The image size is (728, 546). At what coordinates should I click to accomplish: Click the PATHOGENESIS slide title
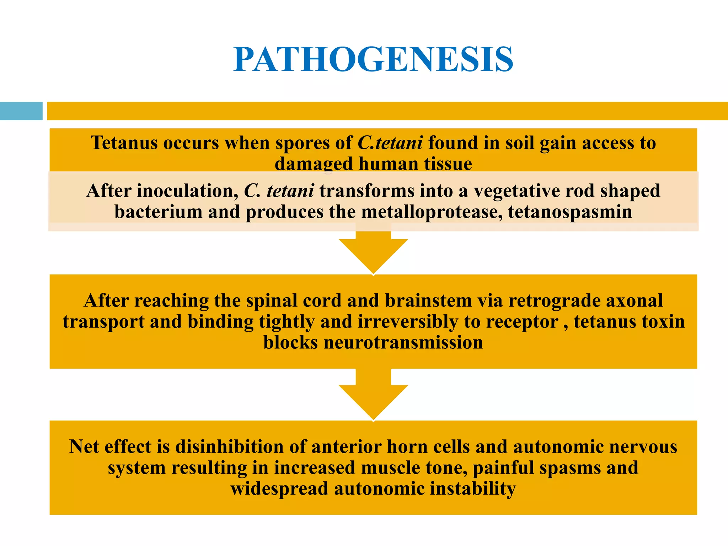[x=373, y=59]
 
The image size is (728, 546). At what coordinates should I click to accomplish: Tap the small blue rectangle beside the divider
[x=21, y=111]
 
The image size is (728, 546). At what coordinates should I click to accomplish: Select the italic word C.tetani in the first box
[x=390, y=143]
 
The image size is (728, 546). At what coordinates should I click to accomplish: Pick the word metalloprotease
[x=432, y=212]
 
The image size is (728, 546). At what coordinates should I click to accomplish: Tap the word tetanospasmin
[x=570, y=212]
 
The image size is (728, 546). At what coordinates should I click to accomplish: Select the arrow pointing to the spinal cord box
[x=373, y=252]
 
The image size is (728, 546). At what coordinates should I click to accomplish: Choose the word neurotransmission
[x=403, y=343]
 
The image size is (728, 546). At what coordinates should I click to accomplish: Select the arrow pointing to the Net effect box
[x=373, y=398]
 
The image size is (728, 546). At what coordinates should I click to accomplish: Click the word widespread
[x=279, y=489]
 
